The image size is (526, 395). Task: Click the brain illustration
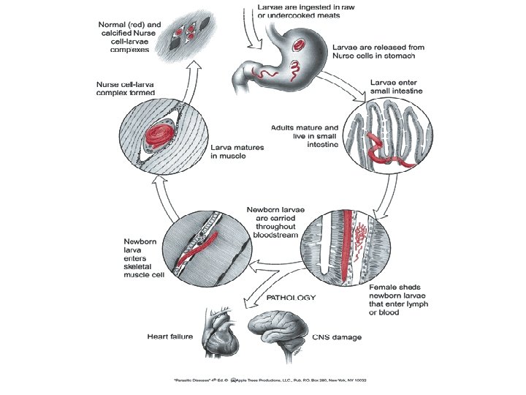[x=277, y=334]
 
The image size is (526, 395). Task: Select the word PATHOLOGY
[x=291, y=298]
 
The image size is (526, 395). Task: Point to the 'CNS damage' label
[x=338, y=337]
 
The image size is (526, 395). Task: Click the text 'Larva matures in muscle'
[x=237, y=151]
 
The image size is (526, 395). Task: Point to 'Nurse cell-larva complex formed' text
[x=126, y=89]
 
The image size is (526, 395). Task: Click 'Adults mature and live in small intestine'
[x=305, y=136]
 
